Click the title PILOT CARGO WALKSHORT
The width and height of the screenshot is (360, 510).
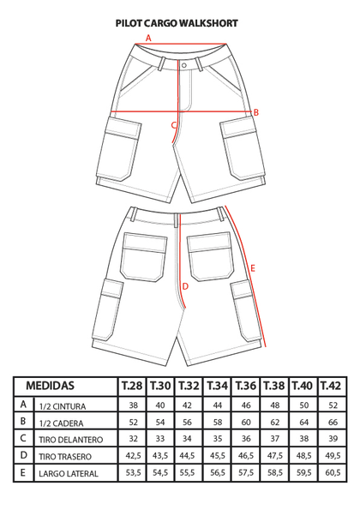pos(177,23)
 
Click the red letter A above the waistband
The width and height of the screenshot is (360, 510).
pos(148,38)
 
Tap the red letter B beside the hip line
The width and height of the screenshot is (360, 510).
pos(256,112)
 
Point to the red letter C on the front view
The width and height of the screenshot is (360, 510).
pos(174,125)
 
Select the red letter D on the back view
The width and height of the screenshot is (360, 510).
pos(185,286)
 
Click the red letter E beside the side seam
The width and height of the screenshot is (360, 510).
pos(253,268)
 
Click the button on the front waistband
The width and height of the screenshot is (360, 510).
pos(184,65)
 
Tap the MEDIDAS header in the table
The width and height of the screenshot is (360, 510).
pos(50,386)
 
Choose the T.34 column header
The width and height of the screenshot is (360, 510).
pos(218,386)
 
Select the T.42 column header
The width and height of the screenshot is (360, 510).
pos(331,386)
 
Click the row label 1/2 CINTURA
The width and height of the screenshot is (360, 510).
pos(63,406)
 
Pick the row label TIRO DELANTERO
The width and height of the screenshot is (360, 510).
pos(71,440)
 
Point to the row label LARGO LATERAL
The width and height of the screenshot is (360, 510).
pos(69,473)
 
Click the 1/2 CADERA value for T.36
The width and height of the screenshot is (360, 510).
pos(246,423)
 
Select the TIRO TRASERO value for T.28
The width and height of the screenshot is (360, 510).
pos(134,456)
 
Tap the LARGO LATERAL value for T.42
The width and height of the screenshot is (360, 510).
pos(333,472)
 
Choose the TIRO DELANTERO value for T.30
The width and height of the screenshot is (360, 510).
pos(160,439)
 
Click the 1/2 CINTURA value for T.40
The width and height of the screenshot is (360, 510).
pos(303,405)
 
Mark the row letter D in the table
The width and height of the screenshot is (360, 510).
pos(23,455)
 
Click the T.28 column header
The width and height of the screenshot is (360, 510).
pos(132,386)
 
